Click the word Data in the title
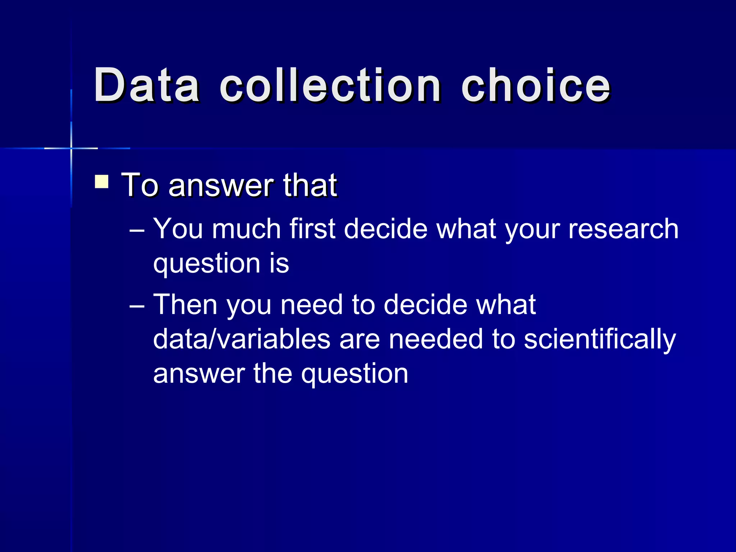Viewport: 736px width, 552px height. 147,85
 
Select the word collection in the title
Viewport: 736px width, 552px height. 330,85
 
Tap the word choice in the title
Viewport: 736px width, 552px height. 535,85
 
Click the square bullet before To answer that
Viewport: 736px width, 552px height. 102,181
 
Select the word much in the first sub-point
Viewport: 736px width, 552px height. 246,229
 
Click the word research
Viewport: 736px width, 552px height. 623,229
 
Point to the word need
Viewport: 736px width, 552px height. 311,305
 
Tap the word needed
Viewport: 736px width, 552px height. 436,339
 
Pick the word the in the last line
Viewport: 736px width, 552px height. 273,374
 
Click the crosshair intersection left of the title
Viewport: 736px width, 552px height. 71,148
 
